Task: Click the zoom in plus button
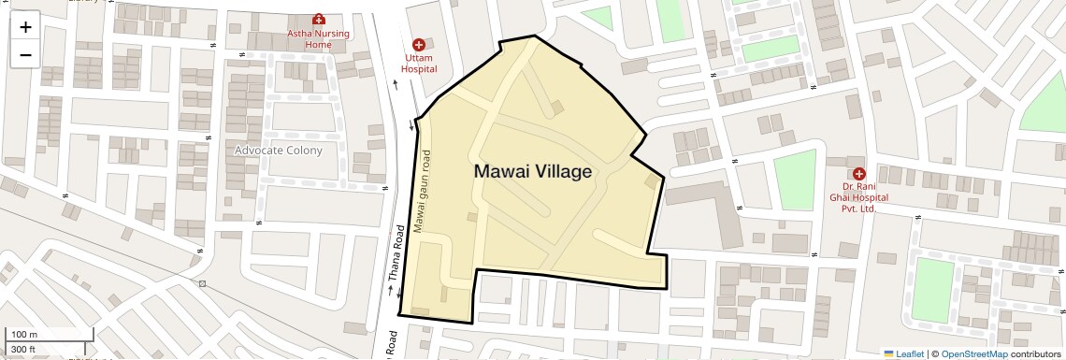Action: (x=25, y=27)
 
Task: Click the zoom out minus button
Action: (x=25, y=55)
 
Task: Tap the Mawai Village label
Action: (x=533, y=172)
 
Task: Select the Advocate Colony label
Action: (x=279, y=150)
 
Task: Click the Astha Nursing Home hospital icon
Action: (x=318, y=20)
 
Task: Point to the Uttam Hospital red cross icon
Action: (x=419, y=45)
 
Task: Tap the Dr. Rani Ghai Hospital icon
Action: (x=858, y=173)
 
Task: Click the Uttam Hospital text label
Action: (x=419, y=64)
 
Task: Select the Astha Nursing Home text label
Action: (x=318, y=39)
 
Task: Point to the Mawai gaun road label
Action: (x=423, y=191)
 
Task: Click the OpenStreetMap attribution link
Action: (x=973, y=353)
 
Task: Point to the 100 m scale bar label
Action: (x=24, y=335)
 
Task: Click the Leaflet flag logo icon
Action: (x=889, y=353)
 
